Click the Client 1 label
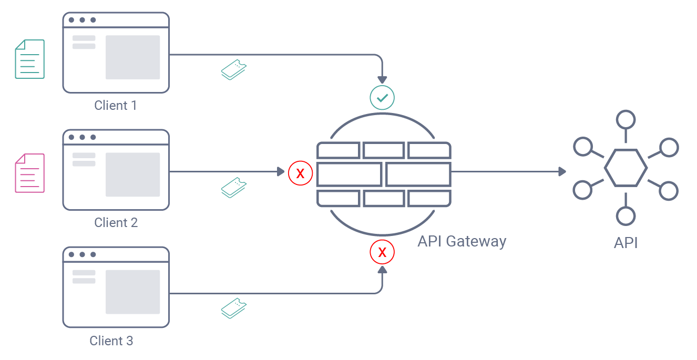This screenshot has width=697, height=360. [116, 106]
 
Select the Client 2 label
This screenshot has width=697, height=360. [116, 223]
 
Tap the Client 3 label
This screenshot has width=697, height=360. [111, 341]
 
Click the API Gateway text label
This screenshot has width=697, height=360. [462, 241]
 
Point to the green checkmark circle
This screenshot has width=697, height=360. [382, 97]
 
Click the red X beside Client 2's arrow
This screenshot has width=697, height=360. [301, 173]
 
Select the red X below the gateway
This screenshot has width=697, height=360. [382, 252]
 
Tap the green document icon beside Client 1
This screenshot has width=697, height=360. [29, 59]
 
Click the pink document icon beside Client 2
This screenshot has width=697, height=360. [29, 173]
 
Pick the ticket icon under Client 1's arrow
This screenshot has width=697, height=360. [234, 70]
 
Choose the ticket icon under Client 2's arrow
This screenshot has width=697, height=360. [234, 187]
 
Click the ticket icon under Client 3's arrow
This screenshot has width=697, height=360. [234, 308]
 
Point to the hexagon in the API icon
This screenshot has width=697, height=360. [626, 168]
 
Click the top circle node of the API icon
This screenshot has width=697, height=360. [626, 120]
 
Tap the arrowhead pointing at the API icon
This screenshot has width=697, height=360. [562, 171]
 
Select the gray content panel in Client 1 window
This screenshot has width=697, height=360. [132, 57]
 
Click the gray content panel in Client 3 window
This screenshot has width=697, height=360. [132, 292]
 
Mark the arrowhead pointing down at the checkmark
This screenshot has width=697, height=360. [382, 78]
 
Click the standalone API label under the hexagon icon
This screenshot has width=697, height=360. [626, 243]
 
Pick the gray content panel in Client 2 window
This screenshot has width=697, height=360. [132, 174]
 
